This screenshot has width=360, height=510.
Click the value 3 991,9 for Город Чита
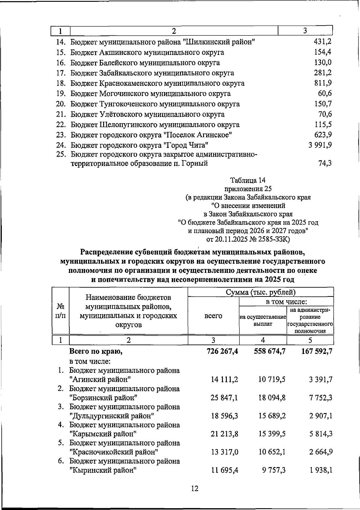320,145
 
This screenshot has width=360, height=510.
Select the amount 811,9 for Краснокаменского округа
323,83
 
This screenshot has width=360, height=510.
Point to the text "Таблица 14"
248,180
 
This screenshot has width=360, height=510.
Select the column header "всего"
213,316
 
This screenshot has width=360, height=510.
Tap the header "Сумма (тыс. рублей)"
261,292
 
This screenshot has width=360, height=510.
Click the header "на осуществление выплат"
263,320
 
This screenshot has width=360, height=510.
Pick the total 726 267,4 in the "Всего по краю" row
222,351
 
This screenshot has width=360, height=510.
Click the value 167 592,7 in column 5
317,351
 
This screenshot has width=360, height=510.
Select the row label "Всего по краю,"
96,351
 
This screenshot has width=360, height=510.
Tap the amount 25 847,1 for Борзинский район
224,398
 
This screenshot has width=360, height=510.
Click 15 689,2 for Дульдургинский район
271,416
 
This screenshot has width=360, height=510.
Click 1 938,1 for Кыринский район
321,470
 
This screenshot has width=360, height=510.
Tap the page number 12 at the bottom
194,488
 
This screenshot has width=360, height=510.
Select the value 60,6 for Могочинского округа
325,94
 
